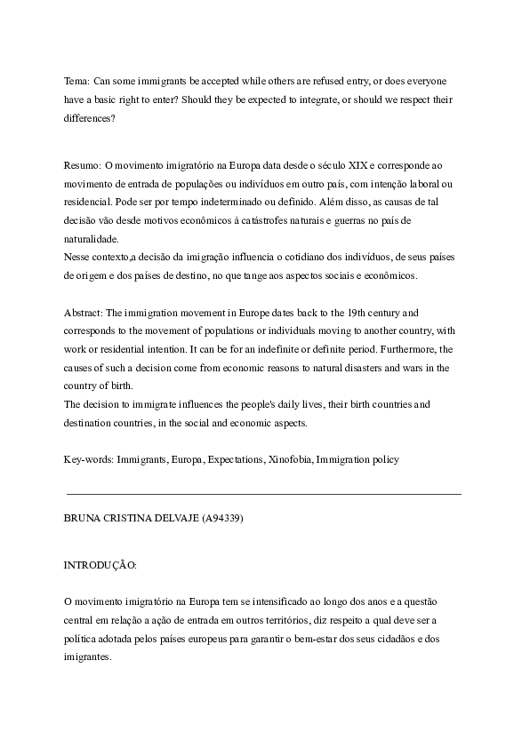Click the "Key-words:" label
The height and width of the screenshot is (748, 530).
88,459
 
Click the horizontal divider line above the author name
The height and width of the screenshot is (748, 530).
264,492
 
